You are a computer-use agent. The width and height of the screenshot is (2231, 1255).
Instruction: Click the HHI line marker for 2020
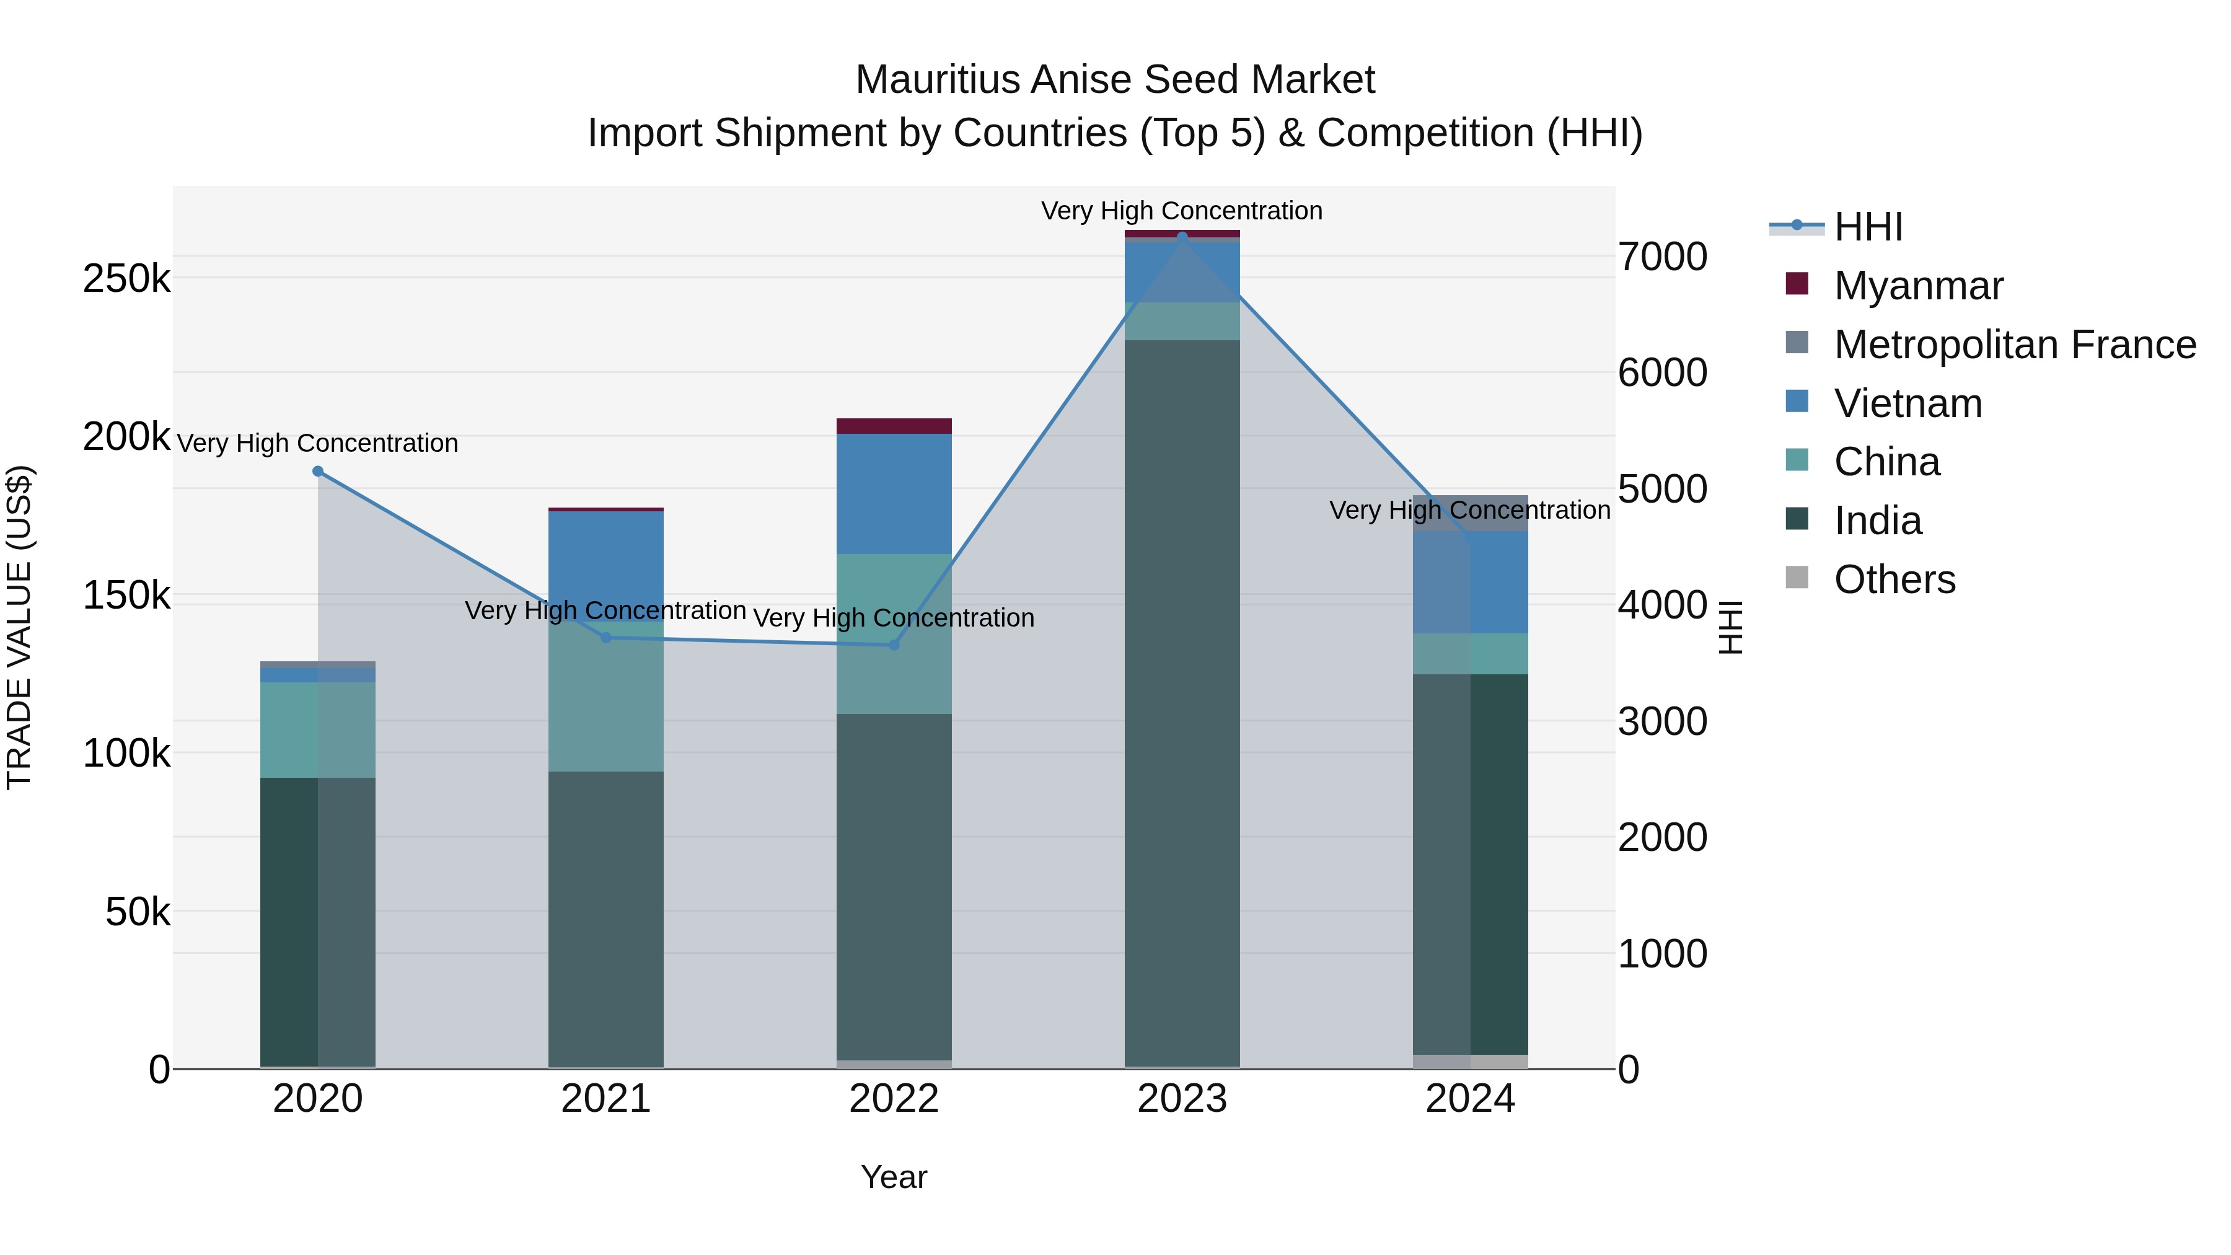pos(318,471)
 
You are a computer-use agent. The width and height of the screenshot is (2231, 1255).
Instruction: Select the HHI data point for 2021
pos(606,638)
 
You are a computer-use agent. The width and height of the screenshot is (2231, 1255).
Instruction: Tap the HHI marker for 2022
pos(894,645)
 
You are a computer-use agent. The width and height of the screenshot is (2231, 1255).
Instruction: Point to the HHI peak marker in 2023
pos(1182,237)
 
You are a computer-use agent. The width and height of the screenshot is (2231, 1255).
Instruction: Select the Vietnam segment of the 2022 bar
pos(894,494)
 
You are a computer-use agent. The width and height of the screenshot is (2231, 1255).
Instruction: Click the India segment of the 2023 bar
pos(1182,702)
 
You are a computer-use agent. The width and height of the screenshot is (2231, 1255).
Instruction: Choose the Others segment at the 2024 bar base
pos(1471,1061)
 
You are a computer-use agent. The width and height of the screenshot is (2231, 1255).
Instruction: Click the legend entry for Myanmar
pos(1918,286)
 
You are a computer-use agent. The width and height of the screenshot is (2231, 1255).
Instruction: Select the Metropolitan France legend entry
pos(2015,345)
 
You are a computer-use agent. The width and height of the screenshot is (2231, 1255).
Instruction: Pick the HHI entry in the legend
pos(1868,227)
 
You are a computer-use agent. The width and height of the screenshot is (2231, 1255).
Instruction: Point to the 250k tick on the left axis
pos(126,279)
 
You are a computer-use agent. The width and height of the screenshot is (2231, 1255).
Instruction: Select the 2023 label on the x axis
pos(1182,1099)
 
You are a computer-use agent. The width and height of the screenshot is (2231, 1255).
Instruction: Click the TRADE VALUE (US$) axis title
pos(19,627)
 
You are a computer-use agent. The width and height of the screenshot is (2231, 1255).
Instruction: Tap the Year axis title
pos(894,1177)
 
